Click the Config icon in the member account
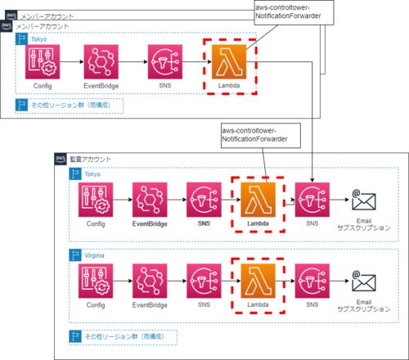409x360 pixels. tap(43, 62)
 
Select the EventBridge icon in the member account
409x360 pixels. tap(101, 62)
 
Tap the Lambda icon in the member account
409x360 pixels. tap(229, 62)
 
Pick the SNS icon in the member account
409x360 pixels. tap(165, 62)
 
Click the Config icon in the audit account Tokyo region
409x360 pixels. tap(96, 200)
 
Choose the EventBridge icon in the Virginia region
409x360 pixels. tap(150, 281)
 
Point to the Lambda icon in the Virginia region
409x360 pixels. tap(258, 281)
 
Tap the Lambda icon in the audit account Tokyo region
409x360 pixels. tap(258, 200)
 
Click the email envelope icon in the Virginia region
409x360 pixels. tap(364, 281)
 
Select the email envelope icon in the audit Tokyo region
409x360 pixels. tap(364, 200)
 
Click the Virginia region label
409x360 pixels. tap(94, 255)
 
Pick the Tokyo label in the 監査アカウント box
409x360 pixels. tap(92, 174)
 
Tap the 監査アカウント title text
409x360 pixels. tap(91, 160)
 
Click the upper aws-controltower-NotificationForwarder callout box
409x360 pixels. tap(294, 12)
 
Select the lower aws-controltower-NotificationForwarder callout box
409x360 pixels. tap(261, 136)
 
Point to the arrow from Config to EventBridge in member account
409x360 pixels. tap(72, 62)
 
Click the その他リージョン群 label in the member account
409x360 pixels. tap(71, 105)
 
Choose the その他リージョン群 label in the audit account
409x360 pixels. tap(124, 336)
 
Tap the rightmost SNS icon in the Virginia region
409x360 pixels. tap(312, 281)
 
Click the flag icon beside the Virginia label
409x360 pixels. tap(75, 255)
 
